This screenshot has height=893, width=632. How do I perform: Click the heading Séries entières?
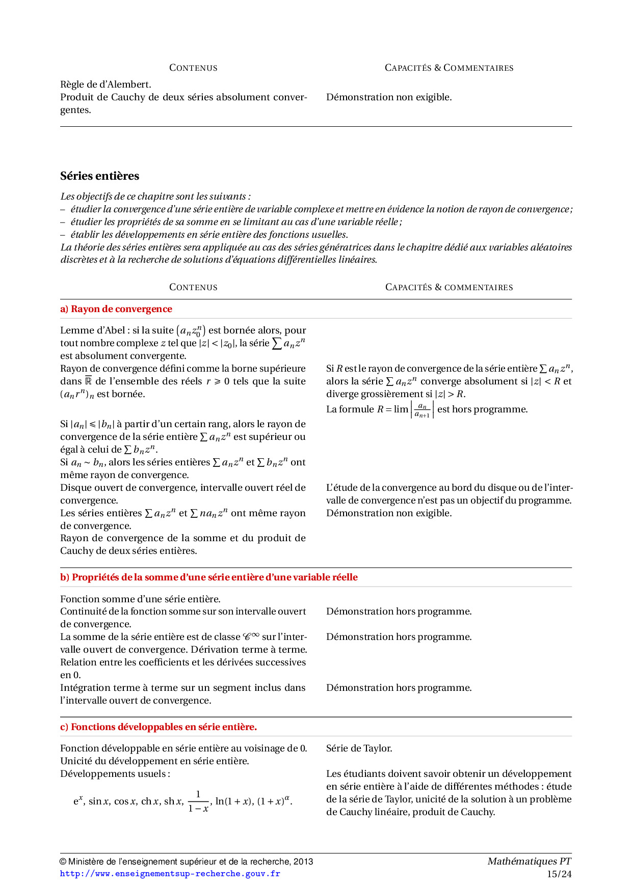tap(99, 176)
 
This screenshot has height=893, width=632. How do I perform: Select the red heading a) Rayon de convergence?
tap(116, 309)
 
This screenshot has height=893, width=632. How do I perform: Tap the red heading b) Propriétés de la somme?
tap(209, 577)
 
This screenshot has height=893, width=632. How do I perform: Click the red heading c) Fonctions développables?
tap(159, 727)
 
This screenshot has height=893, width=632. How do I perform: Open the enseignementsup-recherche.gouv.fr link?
tap(170, 874)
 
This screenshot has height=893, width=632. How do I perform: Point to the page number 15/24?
tap(559, 874)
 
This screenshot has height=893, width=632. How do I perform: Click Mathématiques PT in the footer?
tap(529, 861)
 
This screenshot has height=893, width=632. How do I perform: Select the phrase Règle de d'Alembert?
tap(106, 85)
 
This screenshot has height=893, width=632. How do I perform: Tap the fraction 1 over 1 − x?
tap(198, 801)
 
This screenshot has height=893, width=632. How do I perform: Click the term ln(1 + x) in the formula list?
tap(234, 801)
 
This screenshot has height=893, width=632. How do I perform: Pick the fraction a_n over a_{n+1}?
tap(422, 410)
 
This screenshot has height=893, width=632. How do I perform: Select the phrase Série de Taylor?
tap(359, 748)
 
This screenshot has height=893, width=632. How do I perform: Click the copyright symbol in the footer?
tap(63, 862)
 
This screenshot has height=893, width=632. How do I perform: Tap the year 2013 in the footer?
tap(303, 862)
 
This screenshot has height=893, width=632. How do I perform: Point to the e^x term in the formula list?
tap(78, 801)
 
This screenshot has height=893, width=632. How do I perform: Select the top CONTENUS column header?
tap(193, 68)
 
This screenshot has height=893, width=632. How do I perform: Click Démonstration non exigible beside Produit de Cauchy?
tap(389, 97)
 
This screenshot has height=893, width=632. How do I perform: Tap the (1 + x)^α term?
tap(274, 801)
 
